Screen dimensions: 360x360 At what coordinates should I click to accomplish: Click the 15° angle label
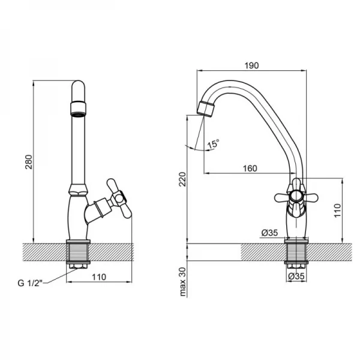214,144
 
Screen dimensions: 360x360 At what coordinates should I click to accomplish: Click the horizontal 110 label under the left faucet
99,277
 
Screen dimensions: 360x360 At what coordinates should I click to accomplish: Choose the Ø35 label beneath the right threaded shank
296,277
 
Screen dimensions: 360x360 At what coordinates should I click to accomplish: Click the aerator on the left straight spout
79,109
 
